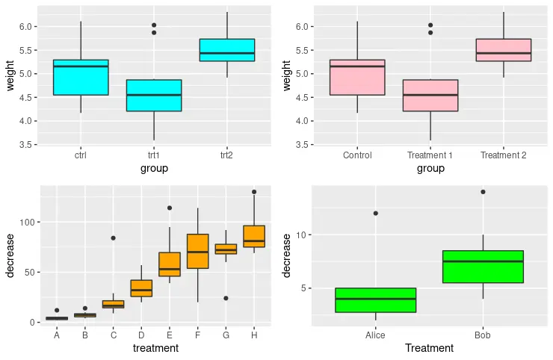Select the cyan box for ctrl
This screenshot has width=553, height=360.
click(81, 77)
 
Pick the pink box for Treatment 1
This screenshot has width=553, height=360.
click(430, 96)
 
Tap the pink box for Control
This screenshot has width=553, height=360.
click(357, 77)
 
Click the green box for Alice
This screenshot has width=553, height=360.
click(375, 300)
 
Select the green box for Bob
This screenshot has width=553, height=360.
click(483, 267)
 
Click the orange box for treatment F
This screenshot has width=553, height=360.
click(197, 251)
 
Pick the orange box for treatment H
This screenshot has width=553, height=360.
click(254, 236)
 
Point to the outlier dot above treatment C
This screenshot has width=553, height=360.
click(113, 238)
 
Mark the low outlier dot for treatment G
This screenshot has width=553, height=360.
click(226, 298)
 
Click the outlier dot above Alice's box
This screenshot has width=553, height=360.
click(375, 214)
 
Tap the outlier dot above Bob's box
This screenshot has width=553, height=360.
click(483, 192)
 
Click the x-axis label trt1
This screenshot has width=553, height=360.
click(154, 155)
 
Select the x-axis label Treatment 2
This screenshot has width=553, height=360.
click(504, 155)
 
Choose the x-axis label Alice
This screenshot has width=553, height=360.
click(375, 336)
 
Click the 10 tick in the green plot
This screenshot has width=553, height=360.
click(300, 235)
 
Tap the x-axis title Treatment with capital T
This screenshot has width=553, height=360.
click(429, 348)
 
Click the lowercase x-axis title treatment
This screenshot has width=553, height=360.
click(155, 348)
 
